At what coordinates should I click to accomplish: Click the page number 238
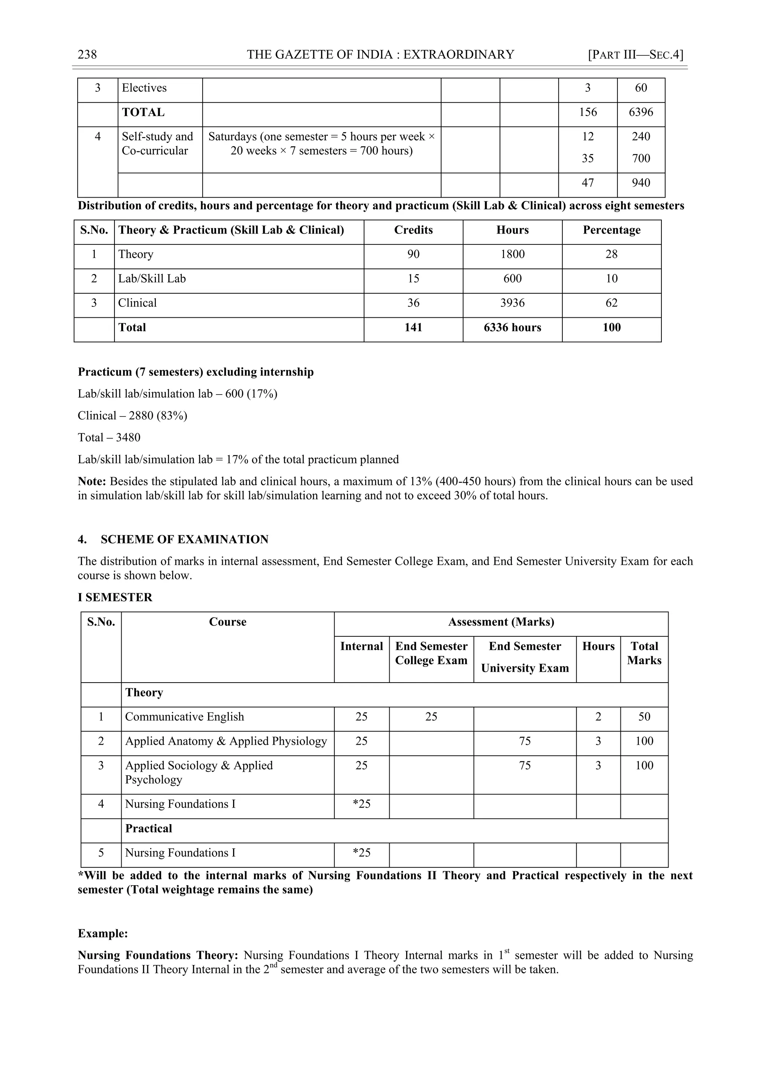[x=87, y=55]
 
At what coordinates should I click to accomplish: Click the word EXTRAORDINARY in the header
[x=458, y=55]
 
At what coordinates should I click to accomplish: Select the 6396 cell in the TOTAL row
[x=640, y=113]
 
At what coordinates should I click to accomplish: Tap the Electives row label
[x=144, y=88]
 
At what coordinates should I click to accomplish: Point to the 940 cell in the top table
[x=640, y=183]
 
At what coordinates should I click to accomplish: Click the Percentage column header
[x=611, y=230]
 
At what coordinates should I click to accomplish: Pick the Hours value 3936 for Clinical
[x=512, y=303]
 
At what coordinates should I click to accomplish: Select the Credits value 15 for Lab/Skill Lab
[x=413, y=279]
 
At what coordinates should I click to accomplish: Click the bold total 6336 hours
[x=512, y=328]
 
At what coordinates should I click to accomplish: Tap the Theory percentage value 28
[x=611, y=255]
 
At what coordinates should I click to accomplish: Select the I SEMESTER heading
[x=115, y=597]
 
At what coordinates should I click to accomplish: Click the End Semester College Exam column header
[x=431, y=653]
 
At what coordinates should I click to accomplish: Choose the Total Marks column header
[x=644, y=653]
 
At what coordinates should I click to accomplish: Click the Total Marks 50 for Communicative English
[x=644, y=717]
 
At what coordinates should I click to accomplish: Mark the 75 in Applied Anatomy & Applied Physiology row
[x=524, y=741]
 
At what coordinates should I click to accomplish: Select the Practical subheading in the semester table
[x=149, y=828]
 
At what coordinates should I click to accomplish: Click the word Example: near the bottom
[x=102, y=933]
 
